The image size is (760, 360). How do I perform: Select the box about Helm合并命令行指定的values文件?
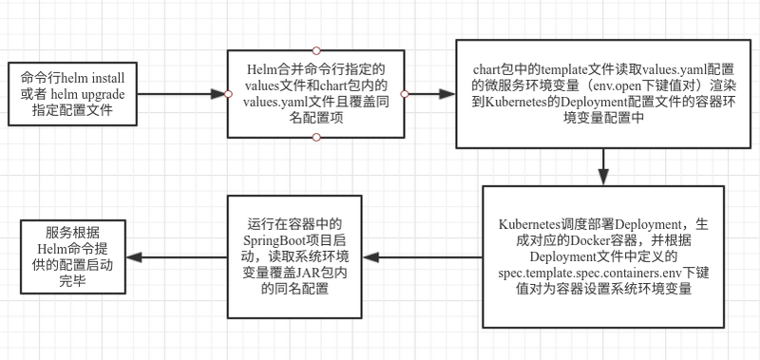click(315, 93)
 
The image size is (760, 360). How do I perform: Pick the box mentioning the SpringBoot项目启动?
click(294, 256)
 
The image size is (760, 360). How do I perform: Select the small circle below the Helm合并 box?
click(316, 137)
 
